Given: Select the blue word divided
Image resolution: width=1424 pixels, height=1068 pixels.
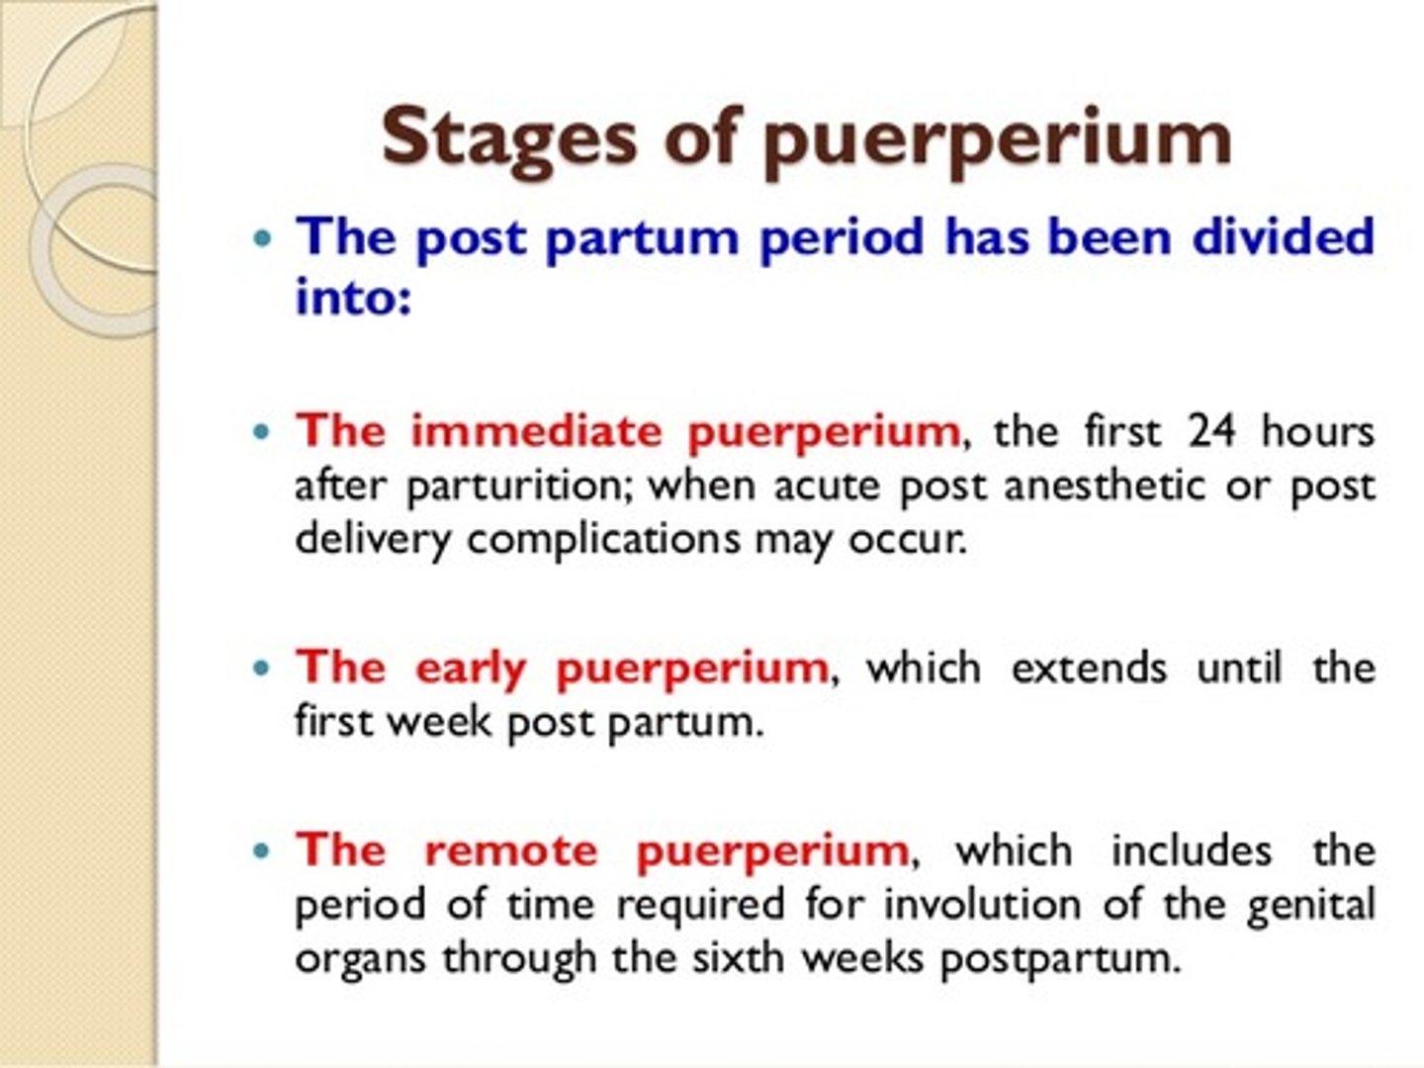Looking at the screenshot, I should click(x=1283, y=237).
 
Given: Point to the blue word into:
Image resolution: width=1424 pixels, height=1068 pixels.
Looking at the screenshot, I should click(x=352, y=296).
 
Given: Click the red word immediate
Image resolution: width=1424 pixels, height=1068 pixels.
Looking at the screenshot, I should click(x=536, y=431).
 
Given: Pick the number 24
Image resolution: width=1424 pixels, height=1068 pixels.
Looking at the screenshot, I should click(x=1211, y=431).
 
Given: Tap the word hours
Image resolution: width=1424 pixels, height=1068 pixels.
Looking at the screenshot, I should click(x=1318, y=431).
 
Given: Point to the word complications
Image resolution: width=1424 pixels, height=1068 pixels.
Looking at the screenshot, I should click(x=603, y=540).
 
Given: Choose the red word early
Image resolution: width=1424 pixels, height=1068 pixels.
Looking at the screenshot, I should click(x=470, y=669).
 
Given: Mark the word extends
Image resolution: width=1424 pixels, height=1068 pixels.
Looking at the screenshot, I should click(x=1089, y=667).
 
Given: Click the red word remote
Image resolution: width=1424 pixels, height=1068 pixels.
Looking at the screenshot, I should click(x=510, y=850).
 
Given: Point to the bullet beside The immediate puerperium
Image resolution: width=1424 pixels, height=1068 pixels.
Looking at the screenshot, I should click(x=261, y=432).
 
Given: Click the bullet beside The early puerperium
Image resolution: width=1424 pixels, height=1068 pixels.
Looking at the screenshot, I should click(x=261, y=668).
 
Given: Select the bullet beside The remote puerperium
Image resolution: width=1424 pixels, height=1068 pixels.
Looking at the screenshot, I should click(x=261, y=850).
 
